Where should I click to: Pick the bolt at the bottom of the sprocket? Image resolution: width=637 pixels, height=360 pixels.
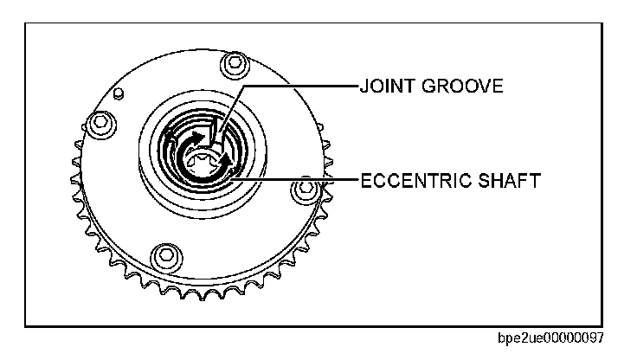(x=161, y=255)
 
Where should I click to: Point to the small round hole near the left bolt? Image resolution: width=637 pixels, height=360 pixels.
(x=121, y=90)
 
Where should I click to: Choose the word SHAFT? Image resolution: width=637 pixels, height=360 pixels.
(x=512, y=180)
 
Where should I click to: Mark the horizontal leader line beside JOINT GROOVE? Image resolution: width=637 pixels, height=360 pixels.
(x=299, y=87)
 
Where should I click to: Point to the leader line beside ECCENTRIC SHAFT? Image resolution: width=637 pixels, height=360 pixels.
(x=299, y=180)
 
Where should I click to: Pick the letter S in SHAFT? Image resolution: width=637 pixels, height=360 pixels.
(x=486, y=180)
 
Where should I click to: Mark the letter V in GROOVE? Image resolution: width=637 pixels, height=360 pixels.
(x=488, y=87)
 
